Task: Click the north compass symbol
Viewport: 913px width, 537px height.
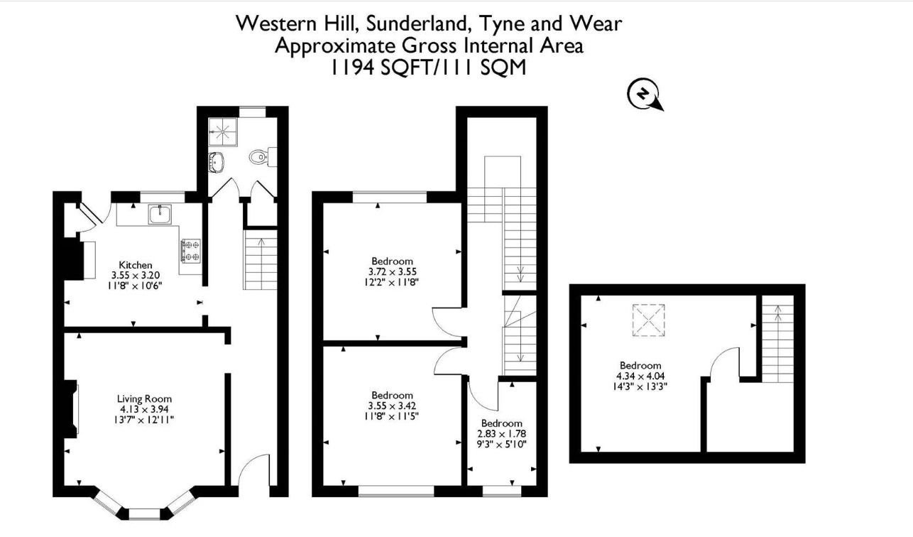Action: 644,94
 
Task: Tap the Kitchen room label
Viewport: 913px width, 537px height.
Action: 136,265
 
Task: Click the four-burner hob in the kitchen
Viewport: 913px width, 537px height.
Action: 191,249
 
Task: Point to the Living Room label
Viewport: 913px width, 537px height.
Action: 145,399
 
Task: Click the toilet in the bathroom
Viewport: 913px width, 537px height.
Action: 258,156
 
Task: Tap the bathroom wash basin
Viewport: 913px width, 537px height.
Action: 216,162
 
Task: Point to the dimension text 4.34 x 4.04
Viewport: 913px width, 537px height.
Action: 640,376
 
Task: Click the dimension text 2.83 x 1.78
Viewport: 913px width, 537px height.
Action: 501,433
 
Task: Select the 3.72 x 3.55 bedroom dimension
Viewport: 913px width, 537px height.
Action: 392,271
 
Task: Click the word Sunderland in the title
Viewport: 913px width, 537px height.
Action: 412,23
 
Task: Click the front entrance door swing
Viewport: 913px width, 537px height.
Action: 251,473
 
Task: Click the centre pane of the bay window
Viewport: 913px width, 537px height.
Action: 145,511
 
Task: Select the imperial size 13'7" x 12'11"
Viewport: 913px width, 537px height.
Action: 145,420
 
